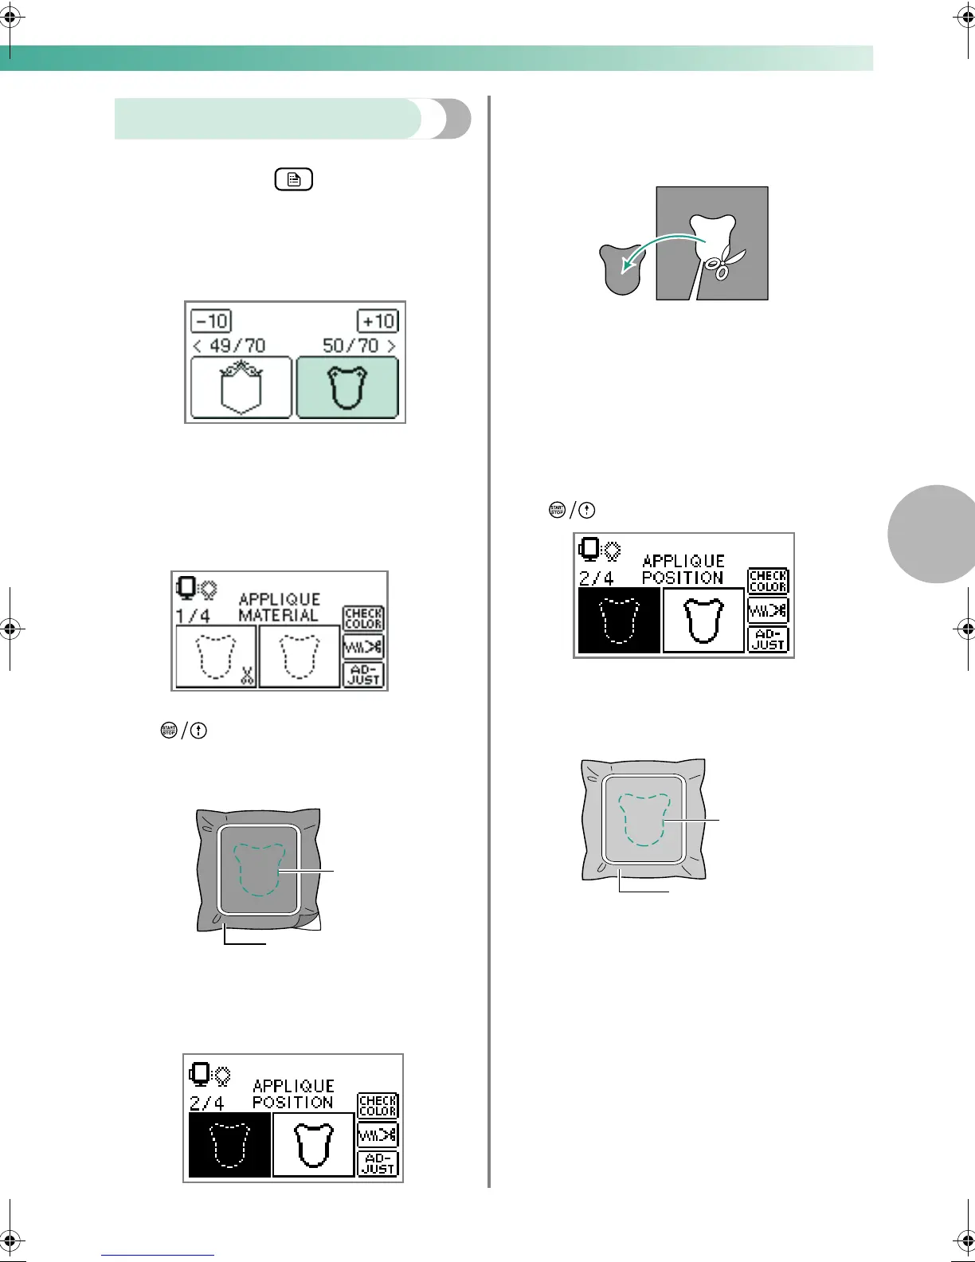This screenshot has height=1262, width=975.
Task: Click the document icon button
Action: coord(294,180)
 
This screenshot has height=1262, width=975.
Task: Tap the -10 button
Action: coord(211,321)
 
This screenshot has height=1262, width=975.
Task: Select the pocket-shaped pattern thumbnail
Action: coord(241,388)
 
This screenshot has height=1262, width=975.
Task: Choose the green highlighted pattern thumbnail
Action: coord(347,388)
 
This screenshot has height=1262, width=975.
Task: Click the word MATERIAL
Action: coord(278,616)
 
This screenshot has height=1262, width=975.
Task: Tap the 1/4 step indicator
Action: coord(193,616)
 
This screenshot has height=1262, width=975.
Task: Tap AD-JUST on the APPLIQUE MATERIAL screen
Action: coord(364,675)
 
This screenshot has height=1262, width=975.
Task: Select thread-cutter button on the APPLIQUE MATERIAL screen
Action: coord(364,646)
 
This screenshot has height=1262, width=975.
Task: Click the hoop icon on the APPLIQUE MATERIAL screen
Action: coord(186,588)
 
